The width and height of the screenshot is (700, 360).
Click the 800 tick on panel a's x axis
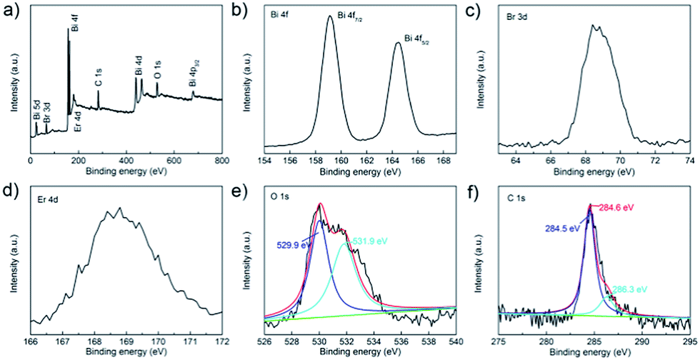[x=222, y=161]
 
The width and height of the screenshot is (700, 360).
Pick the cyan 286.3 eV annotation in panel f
[x=629, y=289]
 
